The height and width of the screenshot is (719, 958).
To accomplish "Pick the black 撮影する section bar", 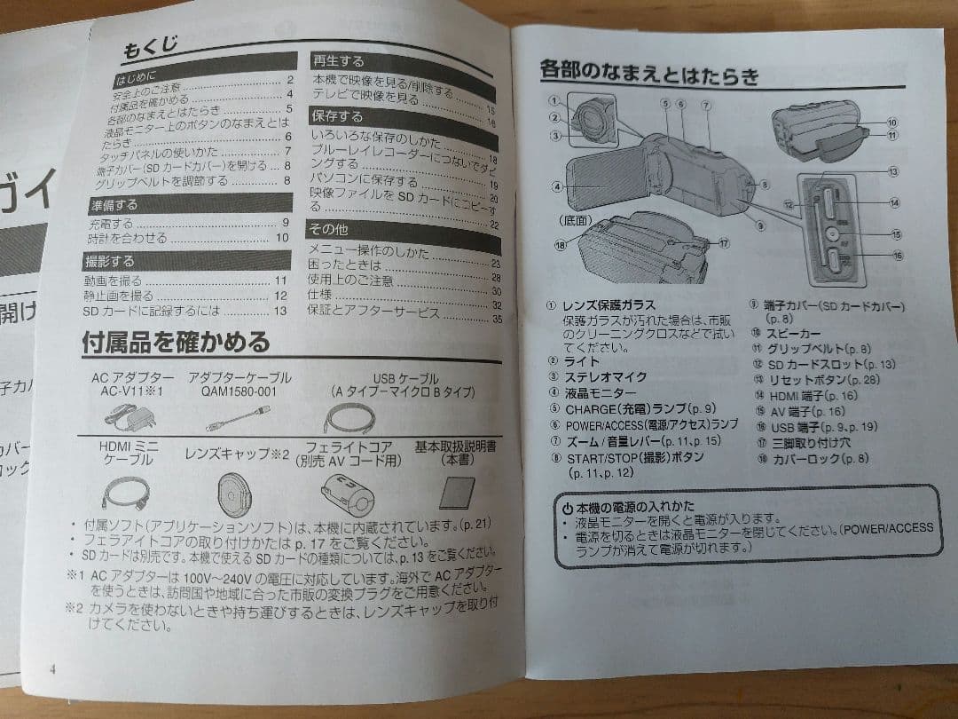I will pos(110,261).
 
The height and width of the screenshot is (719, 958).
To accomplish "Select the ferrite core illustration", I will pos(347,491).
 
